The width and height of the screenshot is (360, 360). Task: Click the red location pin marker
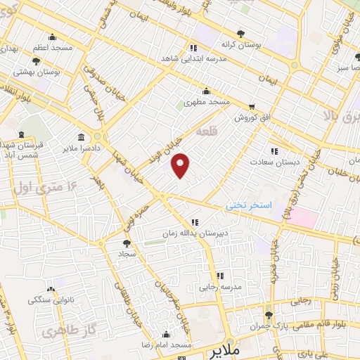[181, 165]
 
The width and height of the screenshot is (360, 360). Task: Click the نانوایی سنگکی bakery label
[50, 300]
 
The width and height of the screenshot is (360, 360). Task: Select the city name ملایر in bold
[229, 349]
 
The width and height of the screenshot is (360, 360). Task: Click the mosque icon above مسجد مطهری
[206, 90]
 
